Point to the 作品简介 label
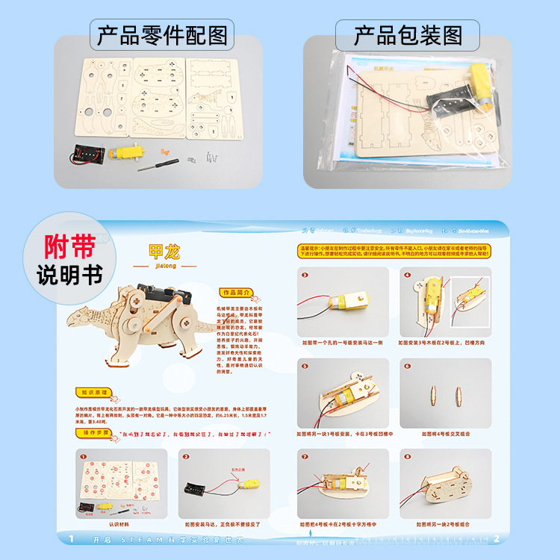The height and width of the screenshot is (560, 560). pyautogui.click(x=234, y=292)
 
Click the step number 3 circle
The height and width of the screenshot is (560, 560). pyautogui.click(x=305, y=275)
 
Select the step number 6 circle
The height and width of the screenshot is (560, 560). pyautogui.click(x=408, y=367)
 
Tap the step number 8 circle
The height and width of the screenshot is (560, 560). pyautogui.click(x=408, y=456)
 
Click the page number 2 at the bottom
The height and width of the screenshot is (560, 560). pyautogui.click(x=497, y=538)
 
